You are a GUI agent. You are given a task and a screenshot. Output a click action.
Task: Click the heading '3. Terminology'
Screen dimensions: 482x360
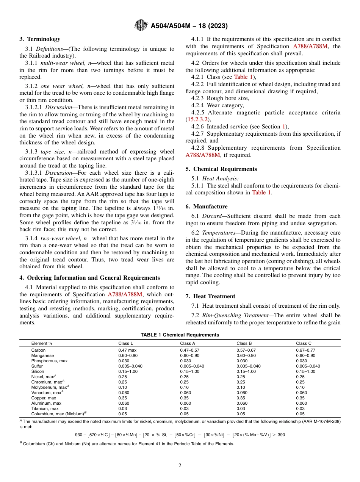[x=40, y=39]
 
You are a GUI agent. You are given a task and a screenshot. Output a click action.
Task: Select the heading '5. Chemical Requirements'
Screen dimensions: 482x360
[x=221, y=169]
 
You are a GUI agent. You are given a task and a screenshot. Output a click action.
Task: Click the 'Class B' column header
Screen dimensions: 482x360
[x=244, y=343]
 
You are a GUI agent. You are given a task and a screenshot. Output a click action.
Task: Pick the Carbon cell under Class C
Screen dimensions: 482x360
[x=305, y=351]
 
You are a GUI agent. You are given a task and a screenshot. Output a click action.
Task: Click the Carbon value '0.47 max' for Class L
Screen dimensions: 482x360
[x=127, y=351]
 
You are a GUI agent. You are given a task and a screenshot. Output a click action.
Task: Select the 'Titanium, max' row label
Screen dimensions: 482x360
[x=45, y=408]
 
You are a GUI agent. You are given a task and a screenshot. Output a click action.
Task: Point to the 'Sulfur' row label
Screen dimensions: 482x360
[x=37, y=366]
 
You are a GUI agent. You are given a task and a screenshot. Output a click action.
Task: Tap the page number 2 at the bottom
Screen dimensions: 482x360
[x=180, y=466]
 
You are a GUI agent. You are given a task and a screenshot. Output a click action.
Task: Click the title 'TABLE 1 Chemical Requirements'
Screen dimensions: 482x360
[x=180, y=335]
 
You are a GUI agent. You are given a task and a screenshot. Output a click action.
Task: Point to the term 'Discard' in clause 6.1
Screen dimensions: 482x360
[x=212, y=216]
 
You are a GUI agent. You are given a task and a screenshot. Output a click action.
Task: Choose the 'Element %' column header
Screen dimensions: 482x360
[x=42, y=343]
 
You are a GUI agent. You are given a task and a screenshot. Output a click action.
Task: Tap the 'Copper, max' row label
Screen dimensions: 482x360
[x=44, y=398]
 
